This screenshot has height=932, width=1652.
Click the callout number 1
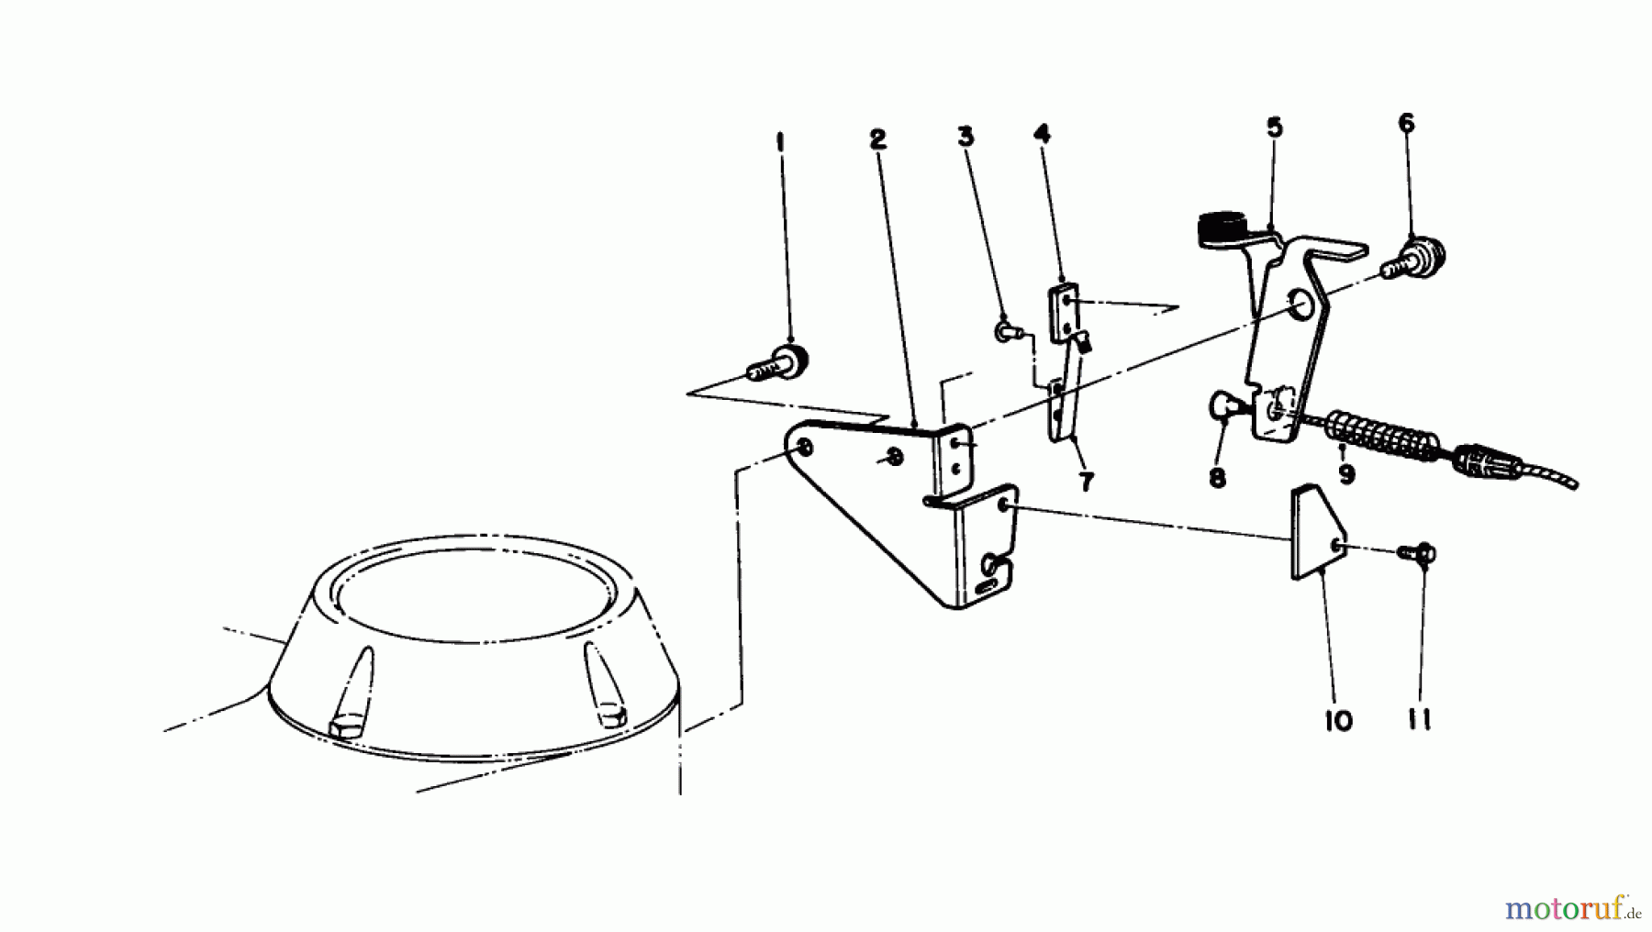[780, 143]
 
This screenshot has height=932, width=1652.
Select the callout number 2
[878, 139]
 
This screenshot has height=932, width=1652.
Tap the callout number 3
[966, 137]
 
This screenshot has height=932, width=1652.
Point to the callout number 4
[1042, 134]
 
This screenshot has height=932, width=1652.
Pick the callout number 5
[1275, 128]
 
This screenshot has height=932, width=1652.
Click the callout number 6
[1407, 123]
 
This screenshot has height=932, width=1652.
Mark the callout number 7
[1087, 482]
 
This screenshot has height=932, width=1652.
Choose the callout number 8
[1218, 479]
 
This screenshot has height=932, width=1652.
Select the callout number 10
[1339, 721]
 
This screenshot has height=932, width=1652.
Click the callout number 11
[1420, 721]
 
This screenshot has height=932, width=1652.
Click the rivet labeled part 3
[1004, 329]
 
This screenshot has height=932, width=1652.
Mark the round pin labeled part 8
[1223, 405]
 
